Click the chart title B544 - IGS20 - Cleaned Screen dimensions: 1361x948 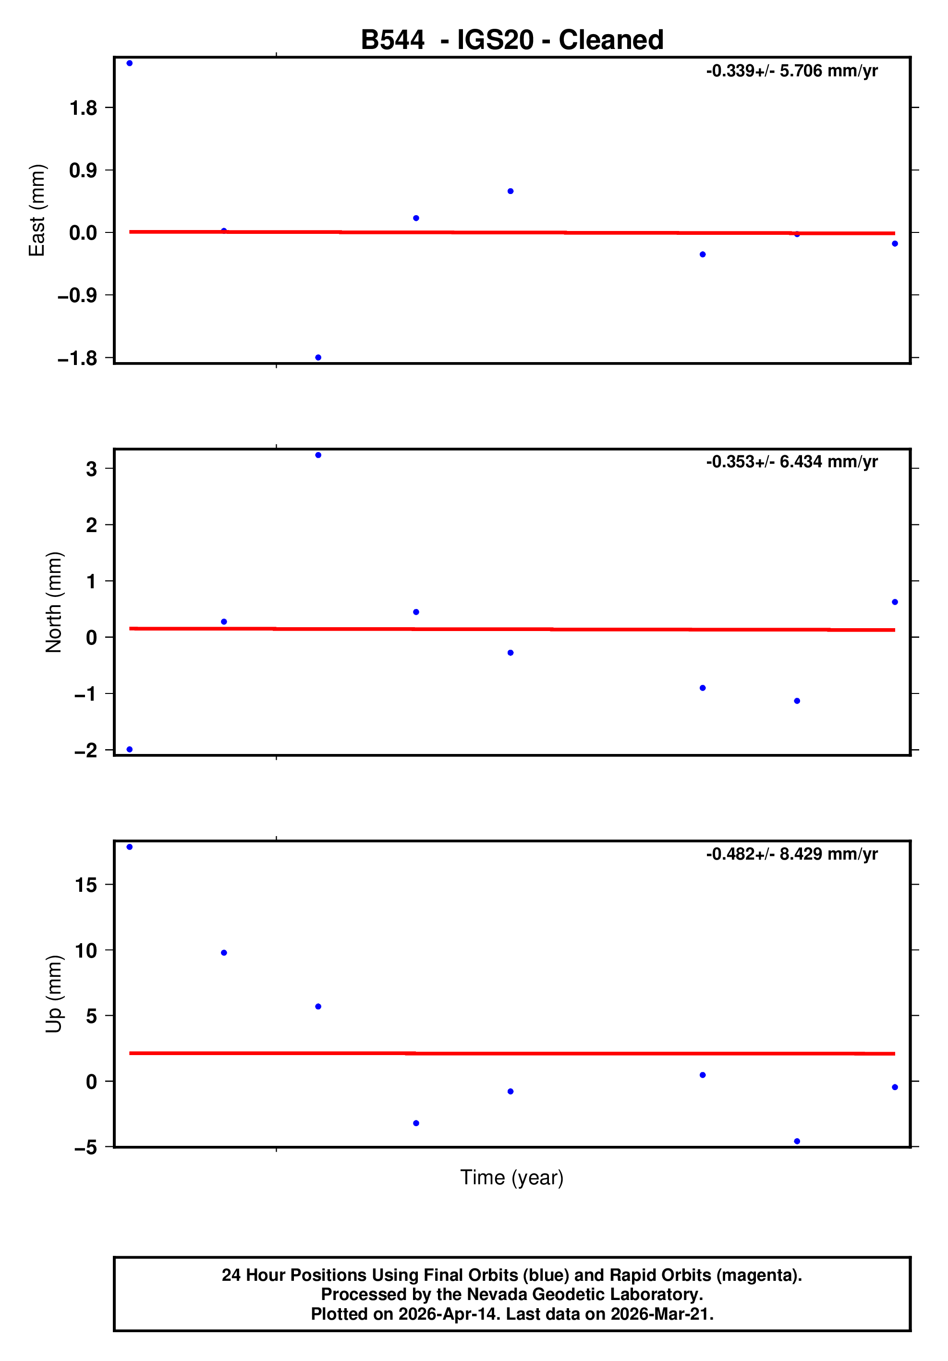coord(511,40)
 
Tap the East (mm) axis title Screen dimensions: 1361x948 coord(37,210)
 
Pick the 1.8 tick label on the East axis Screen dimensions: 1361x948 coord(83,108)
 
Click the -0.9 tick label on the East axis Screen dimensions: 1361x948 coord(77,295)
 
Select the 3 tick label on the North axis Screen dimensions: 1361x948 coord(91,469)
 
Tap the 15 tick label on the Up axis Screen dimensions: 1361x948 coord(85,885)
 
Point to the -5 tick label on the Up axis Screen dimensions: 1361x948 coord(85,1148)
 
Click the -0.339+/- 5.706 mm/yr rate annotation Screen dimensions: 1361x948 coord(791,71)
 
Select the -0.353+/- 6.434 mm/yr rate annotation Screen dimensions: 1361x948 coord(791,462)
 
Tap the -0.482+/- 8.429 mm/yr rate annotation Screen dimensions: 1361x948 coord(791,854)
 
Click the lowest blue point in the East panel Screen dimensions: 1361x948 coord(318,357)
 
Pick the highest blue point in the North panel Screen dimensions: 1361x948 coord(318,455)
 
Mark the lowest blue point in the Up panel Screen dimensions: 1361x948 coord(797,1141)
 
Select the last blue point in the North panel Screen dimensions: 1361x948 coord(895,602)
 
